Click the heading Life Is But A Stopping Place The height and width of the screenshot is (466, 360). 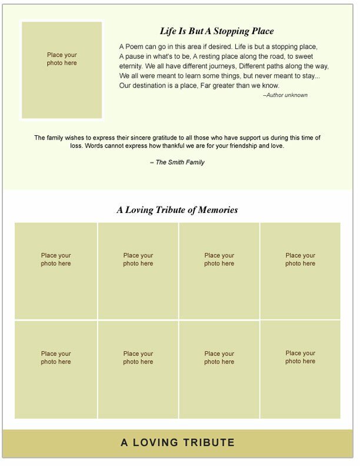[216, 32]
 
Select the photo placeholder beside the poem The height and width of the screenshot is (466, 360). [62, 70]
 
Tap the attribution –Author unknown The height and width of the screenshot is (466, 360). [285, 95]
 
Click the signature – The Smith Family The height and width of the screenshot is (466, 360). [177, 162]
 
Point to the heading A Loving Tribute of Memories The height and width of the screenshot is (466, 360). [177, 210]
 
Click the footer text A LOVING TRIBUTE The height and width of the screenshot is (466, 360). [178, 443]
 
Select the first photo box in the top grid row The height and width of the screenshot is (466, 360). [56, 271]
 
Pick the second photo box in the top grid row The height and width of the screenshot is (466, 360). [138, 271]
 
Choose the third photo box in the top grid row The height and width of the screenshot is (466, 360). [219, 271]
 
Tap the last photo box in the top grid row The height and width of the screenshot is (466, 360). [301, 271]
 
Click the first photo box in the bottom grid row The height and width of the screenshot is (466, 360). [56, 370]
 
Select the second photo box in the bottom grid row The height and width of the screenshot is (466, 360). [138, 370]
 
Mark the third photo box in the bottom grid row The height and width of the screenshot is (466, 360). [219, 370]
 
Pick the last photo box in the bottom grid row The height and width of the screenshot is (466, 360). [301, 370]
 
